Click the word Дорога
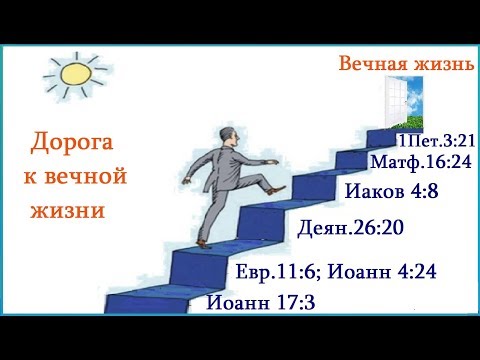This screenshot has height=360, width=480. click(x=72, y=144)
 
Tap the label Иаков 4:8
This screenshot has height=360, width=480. click(x=386, y=192)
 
